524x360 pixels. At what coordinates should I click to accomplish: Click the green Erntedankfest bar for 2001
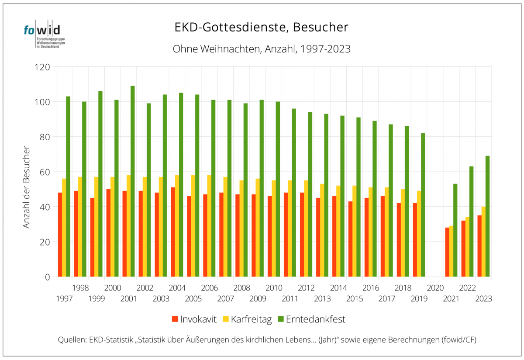coord(133,181)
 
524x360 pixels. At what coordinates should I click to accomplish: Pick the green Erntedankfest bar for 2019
coord(423,205)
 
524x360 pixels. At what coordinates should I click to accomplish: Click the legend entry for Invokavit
coord(195,319)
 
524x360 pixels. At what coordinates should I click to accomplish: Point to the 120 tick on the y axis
coord(44,67)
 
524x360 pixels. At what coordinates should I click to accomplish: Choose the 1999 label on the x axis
coord(96,299)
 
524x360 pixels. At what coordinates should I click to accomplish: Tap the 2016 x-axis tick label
coord(370,288)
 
